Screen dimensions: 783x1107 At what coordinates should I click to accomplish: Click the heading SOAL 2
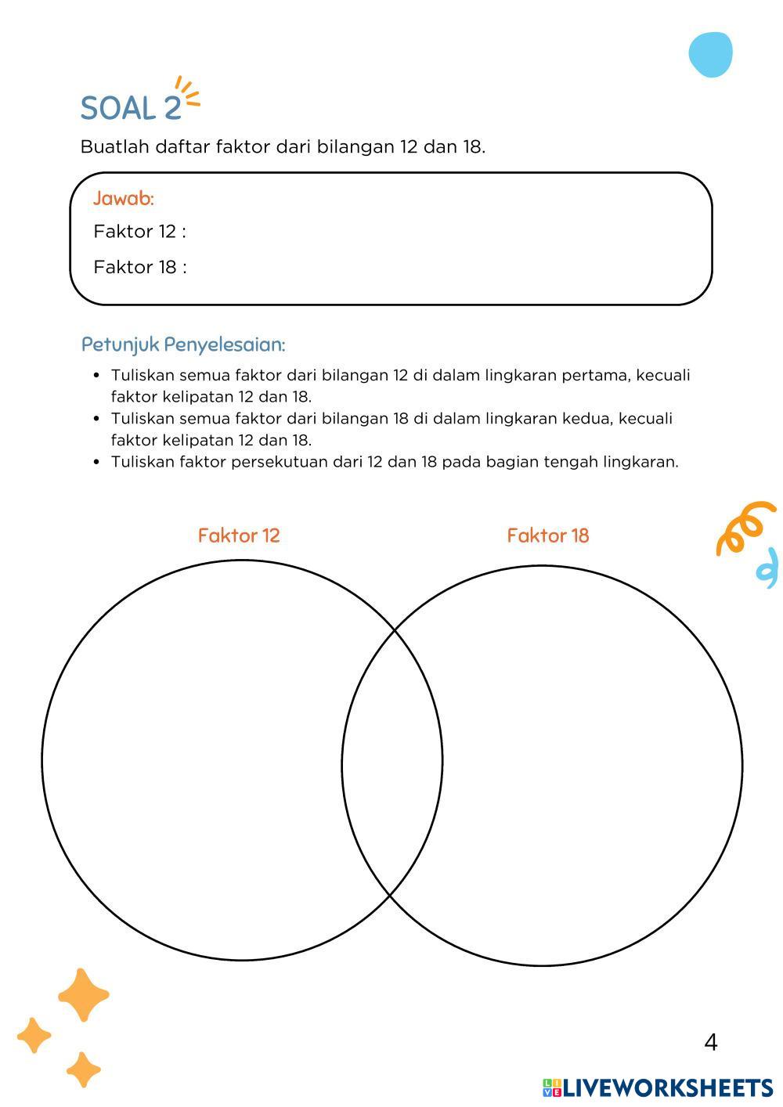click(x=131, y=108)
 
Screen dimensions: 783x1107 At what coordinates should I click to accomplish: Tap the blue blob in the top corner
click(x=711, y=55)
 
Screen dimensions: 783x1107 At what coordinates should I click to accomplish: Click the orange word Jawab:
click(x=124, y=199)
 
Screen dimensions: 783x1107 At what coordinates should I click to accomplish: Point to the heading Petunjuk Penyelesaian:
click(x=183, y=344)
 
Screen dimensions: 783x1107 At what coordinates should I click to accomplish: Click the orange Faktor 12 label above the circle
click(x=239, y=535)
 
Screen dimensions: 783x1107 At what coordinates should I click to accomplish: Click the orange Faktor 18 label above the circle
click(x=548, y=535)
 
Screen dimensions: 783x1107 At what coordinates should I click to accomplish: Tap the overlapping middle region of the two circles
click(x=392, y=763)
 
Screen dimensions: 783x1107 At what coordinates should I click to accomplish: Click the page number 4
click(x=711, y=1042)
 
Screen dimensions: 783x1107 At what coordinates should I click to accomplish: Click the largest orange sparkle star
click(x=83, y=995)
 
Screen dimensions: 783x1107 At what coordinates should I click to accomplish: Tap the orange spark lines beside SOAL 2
click(x=188, y=92)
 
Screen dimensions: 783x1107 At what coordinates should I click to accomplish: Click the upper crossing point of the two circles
click(x=394, y=629)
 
